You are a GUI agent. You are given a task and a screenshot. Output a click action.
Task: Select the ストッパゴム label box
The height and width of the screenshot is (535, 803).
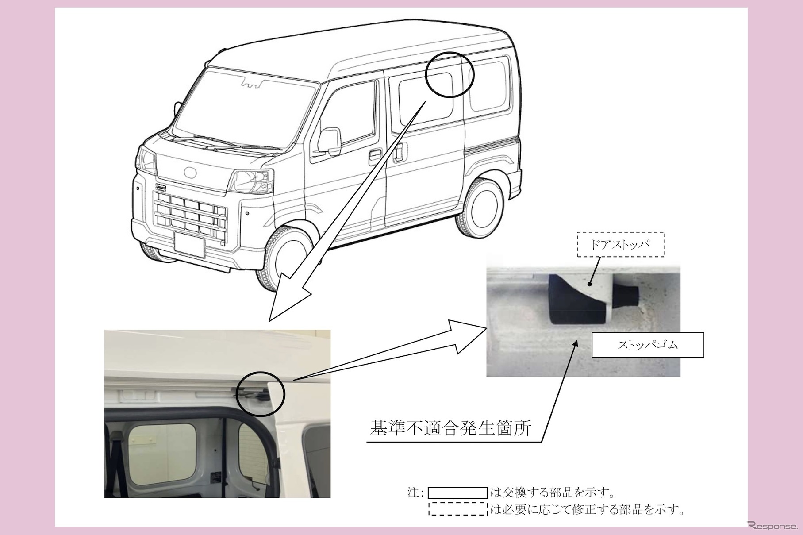coord(648,345)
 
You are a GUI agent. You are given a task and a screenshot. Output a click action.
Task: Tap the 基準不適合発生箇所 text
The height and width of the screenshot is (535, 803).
coord(450,428)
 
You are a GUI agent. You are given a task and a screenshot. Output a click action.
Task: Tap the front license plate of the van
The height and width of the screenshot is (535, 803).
coord(189,245)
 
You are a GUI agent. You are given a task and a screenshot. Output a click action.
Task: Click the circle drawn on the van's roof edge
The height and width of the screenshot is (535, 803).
coord(450,74)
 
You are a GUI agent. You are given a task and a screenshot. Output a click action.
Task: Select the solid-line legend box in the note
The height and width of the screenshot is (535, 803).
coord(457,493)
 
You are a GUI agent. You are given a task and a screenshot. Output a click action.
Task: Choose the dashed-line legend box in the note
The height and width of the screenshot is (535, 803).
coord(457,508)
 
